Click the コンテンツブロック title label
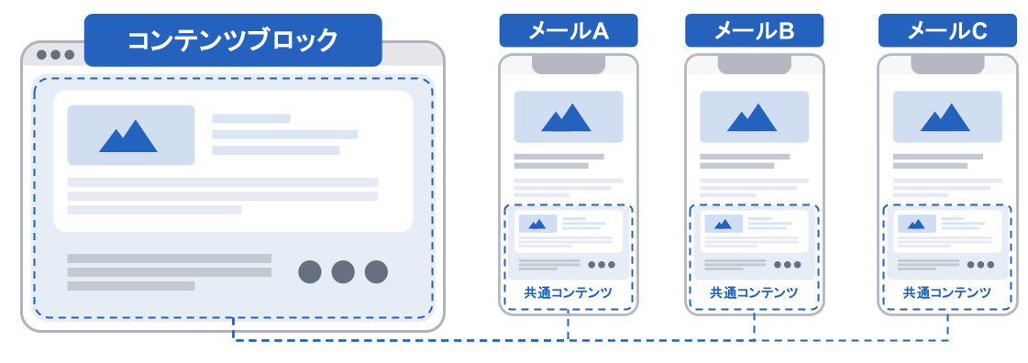point(233,40)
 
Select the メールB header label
point(753,31)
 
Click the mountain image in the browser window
point(131,135)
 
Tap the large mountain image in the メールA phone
point(568,116)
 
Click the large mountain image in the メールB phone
point(754,116)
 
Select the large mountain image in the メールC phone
point(947,116)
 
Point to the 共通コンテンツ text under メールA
point(568,292)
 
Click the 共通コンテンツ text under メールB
point(754,292)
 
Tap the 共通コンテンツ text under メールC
point(947,292)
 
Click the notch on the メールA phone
point(568,64)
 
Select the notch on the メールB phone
point(754,64)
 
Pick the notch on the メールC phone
point(947,64)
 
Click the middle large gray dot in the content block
point(343,272)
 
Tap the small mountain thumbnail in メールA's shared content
point(537,224)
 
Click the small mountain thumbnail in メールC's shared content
point(916,224)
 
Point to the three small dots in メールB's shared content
point(788,265)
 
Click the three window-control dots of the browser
point(55,54)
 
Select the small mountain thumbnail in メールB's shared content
point(724,224)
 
